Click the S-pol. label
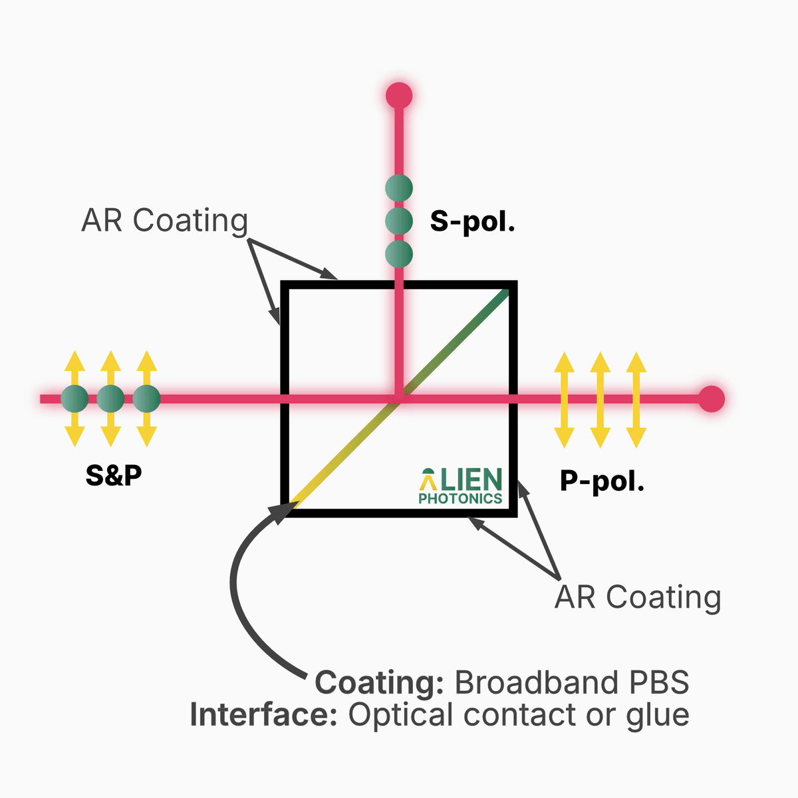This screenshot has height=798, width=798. click(x=472, y=221)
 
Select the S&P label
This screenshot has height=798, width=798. click(x=114, y=475)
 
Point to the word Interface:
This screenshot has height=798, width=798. click(x=265, y=715)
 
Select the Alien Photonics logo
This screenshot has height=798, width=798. click(x=460, y=486)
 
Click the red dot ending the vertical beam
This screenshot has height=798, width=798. click(x=399, y=96)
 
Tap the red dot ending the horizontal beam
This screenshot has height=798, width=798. click(x=711, y=399)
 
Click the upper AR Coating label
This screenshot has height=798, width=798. click(x=164, y=221)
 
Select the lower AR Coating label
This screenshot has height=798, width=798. click(x=638, y=597)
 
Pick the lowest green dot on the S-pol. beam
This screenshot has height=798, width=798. click(x=399, y=254)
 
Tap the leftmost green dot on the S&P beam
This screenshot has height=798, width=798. click(x=74, y=399)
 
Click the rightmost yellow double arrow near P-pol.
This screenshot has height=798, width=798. click(x=636, y=399)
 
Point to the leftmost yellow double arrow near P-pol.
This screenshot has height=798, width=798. click(x=564, y=399)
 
